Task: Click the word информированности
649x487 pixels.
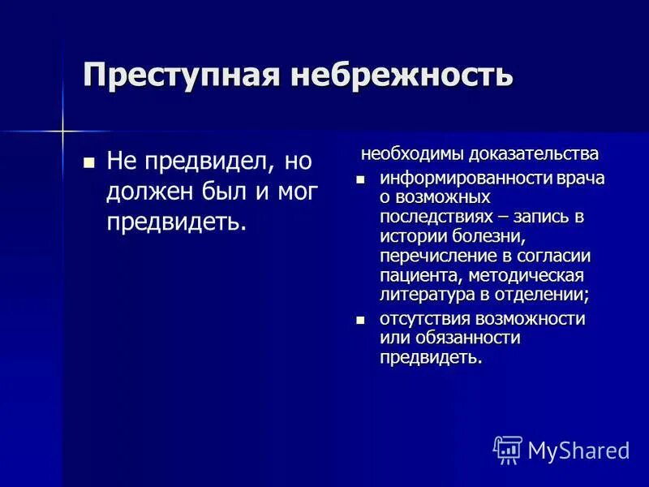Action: coord(458,179)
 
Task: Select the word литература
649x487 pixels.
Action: coord(421,295)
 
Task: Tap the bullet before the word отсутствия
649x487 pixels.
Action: coord(362,320)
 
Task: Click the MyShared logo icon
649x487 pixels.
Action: coord(508,450)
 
